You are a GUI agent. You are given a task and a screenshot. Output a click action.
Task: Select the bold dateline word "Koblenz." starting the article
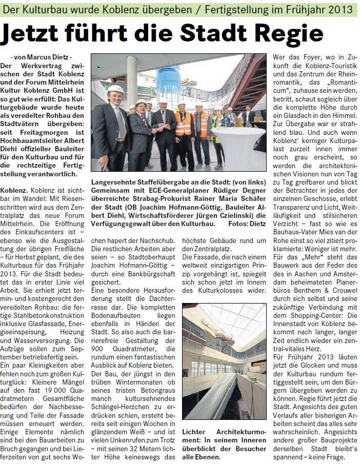tap(17, 189)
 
